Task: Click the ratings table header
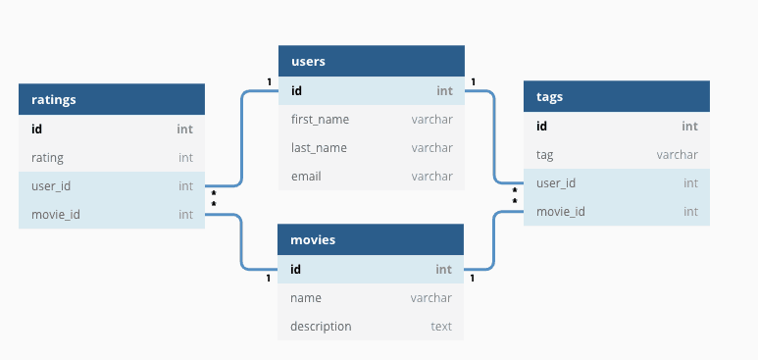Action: (112, 99)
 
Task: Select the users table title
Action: (308, 62)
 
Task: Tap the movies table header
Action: (371, 239)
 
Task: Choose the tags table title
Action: (550, 97)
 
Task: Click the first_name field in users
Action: (320, 120)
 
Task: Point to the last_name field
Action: (319, 147)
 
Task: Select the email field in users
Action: (306, 177)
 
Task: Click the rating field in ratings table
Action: (47, 158)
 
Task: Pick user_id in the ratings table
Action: (51, 186)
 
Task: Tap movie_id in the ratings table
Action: (56, 215)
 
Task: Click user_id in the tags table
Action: (556, 183)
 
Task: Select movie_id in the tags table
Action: (561, 212)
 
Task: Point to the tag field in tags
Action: (545, 155)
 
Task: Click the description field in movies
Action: (321, 326)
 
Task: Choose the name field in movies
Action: (306, 297)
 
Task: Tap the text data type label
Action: (441, 326)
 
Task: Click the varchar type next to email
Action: (432, 177)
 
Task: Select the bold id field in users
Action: (296, 91)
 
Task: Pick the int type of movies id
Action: (444, 270)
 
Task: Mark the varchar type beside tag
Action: (678, 155)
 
